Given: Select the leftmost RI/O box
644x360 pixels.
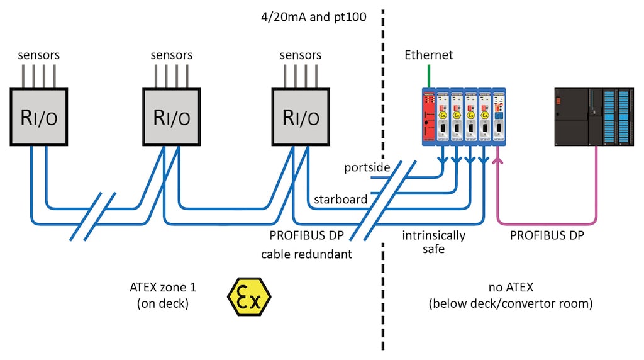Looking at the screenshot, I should pyautogui.click(x=40, y=117).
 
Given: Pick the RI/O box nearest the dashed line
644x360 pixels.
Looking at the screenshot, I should pyautogui.click(x=300, y=117).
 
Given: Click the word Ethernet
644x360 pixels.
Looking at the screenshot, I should pyautogui.click(x=428, y=55).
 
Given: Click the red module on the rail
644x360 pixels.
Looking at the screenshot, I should pyautogui.click(x=429, y=117).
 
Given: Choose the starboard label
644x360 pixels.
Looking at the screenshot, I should pyautogui.click(x=340, y=200).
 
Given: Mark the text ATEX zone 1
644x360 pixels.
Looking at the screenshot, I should pyautogui.click(x=162, y=288).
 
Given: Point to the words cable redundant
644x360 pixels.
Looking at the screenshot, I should pyautogui.click(x=306, y=254).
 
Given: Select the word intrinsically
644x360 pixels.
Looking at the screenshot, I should pyautogui.click(x=434, y=236).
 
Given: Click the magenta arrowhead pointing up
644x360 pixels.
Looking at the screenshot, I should pyautogui.click(x=499, y=162).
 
